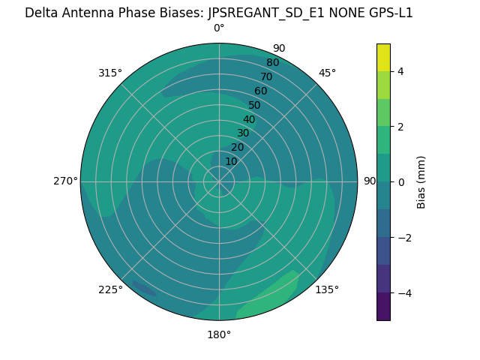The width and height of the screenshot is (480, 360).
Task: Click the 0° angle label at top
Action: (219, 28)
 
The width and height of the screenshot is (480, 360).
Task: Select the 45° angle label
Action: (327, 73)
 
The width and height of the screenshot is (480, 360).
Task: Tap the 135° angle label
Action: (327, 289)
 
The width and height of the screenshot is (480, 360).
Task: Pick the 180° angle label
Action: (219, 334)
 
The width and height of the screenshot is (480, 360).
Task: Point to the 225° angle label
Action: (110, 289)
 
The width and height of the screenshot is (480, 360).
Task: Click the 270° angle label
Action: (65, 181)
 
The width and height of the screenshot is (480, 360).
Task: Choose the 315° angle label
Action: (110, 73)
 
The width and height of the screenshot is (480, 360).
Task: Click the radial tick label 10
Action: (231, 161)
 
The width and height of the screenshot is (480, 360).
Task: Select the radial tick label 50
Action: (255, 105)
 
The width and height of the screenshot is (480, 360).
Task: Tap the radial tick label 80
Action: (272, 63)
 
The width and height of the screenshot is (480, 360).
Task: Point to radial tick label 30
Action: (243, 133)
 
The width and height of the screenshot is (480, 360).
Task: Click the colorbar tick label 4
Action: (400, 71)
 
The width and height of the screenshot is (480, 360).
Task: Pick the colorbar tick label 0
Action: (400, 182)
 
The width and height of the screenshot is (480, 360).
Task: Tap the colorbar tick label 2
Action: (400, 127)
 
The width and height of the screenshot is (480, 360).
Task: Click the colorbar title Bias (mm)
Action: (421, 182)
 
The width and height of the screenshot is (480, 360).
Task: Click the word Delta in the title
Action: (40, 13)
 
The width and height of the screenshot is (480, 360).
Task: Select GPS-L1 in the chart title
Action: (387, 13)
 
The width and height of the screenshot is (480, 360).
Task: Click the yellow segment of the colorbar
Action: (383, 58)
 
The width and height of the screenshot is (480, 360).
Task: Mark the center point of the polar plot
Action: (219, 181)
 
